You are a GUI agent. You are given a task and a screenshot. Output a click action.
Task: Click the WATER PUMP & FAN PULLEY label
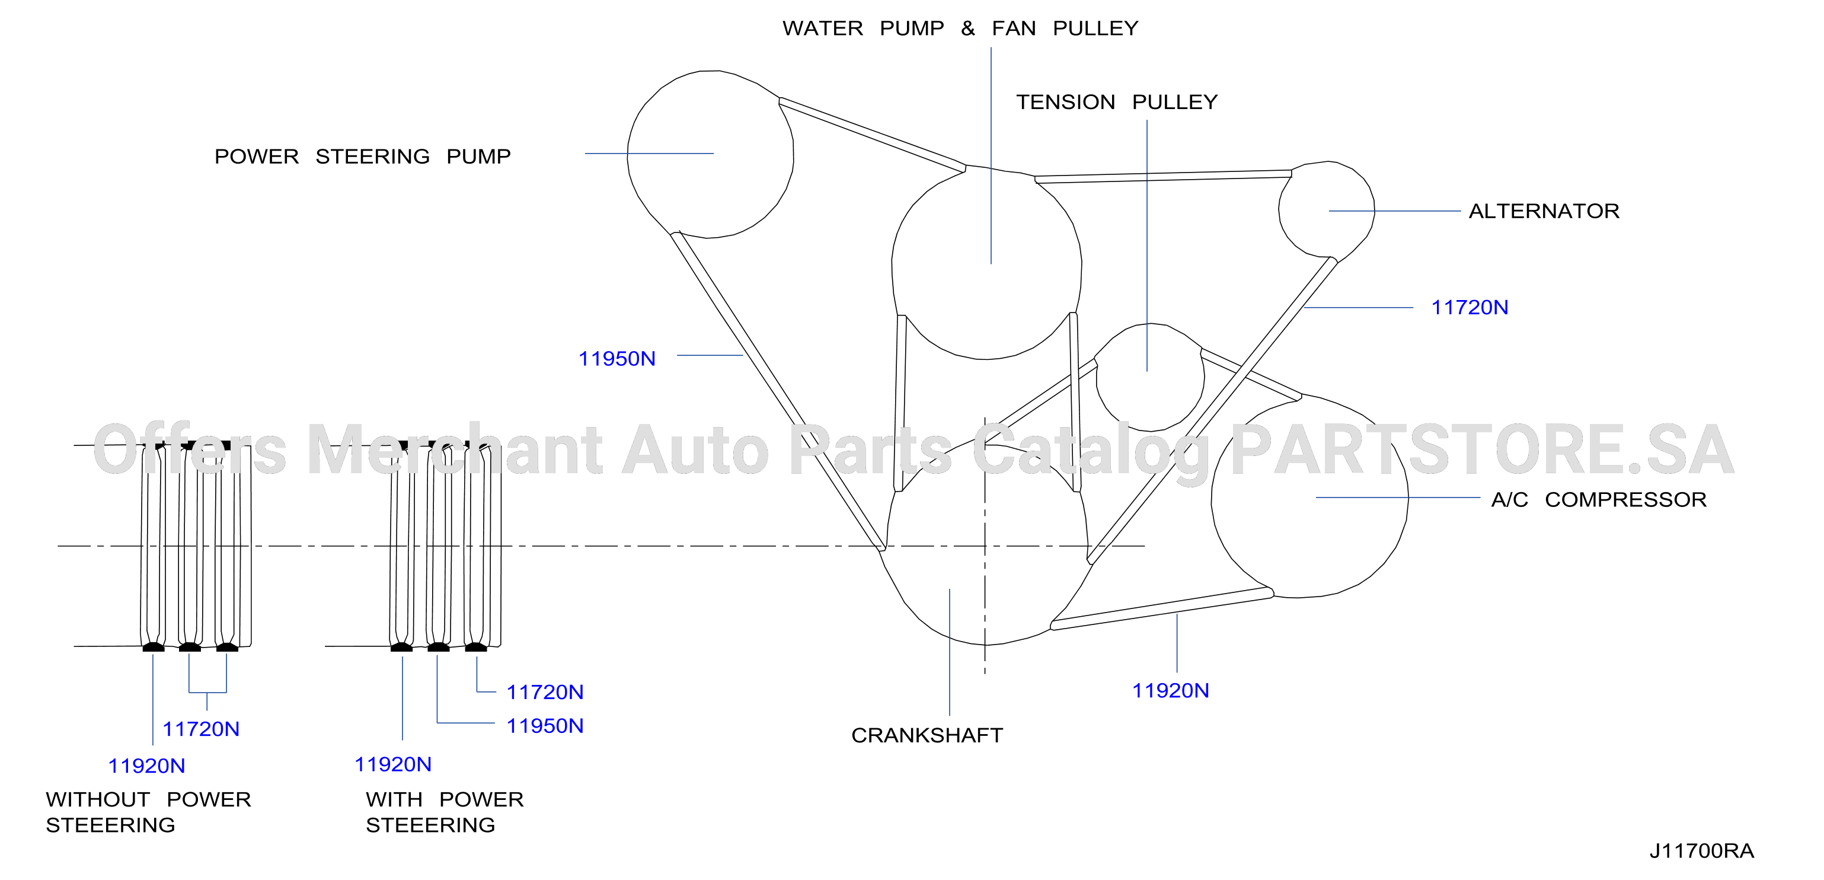[960, 28]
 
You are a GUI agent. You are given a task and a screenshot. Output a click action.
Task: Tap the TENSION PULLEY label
[1117, 102]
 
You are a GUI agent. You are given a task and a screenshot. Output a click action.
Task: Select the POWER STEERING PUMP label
[363, 156]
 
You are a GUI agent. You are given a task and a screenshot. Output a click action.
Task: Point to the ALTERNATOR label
[1544, 211]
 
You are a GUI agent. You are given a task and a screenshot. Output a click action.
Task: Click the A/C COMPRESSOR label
[1599, 499]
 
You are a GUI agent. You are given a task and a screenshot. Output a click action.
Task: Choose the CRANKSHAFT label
[927, 735]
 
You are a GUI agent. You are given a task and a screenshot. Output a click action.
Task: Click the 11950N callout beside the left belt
[616, 359]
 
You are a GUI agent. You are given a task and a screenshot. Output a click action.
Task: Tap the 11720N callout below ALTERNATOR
[1470, 308]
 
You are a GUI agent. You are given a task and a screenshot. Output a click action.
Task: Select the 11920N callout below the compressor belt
[1170, 691]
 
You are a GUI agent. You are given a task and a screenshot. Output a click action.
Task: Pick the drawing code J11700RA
[1701, 851]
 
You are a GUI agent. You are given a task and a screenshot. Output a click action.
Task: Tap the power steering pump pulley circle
[628, 154]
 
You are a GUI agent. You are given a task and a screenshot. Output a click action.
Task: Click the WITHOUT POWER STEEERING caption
[149, 812]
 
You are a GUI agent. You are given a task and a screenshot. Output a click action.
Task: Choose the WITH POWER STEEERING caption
[445, 812]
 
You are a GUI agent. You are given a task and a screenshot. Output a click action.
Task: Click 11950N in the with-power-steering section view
[545, 726]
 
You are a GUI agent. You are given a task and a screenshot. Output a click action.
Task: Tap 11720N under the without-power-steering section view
[201, 729]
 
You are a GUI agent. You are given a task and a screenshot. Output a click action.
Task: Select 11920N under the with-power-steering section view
[393, 764]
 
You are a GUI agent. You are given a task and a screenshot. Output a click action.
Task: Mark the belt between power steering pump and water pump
[873, 135]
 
